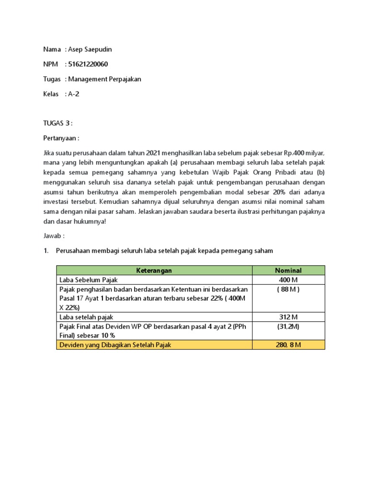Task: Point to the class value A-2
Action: pyautogui.click(x=73, y=94)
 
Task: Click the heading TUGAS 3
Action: pyautogui.click(x=57, y=123)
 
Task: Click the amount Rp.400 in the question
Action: pyautogui.click(x=294, y=153)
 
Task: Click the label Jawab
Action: pyautogui.click(x=53, y=236)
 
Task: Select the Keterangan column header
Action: pyautogui.click(x=154, y=270)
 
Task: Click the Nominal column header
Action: pyautogui.click(x=288, y=270)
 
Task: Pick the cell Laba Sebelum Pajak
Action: pyautogui.click(x=88, y=280)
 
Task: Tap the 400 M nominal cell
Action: pyautogui.click(x=288, y=280)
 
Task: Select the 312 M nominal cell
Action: pyautogui.click(x=288, y=317)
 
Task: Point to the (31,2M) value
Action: pyautogui.click(x=288, y=326)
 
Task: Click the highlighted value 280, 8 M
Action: pyautogui.click(x=288, y=345)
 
